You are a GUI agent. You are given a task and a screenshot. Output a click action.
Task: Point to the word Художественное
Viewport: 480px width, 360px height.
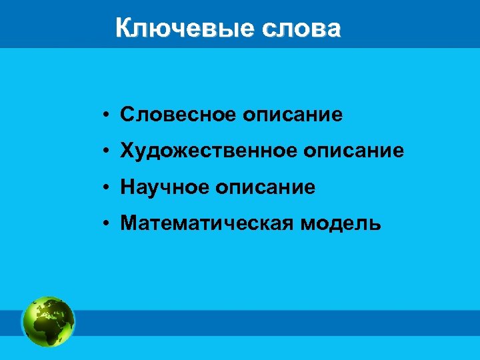click(208, 151)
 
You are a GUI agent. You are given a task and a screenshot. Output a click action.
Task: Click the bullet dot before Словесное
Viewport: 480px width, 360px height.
click(106, 115)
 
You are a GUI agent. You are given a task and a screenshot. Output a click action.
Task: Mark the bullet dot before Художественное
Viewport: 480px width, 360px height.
click(106, 151)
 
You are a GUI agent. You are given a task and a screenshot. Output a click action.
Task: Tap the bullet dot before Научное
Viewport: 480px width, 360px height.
click(106, 188)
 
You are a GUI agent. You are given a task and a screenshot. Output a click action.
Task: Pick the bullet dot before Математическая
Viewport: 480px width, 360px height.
click(106, 224)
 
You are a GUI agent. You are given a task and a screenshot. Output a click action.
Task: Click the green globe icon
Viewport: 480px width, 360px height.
click(48, 321)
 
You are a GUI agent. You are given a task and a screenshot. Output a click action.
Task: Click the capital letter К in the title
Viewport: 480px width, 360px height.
click(123, 29)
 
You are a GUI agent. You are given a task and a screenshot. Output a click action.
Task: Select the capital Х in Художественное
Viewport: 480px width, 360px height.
click(127, 151)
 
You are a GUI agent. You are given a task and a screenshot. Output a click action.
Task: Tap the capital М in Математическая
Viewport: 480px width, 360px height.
click(129, 223)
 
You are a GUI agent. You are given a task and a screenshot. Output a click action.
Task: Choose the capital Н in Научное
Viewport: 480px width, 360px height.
click(127, 187)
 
